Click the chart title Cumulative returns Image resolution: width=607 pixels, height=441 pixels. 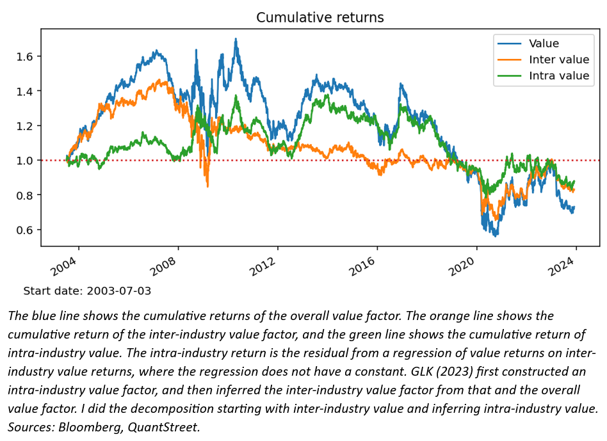(x=320, y=17)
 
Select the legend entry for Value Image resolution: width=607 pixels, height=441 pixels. (x=544, y=44)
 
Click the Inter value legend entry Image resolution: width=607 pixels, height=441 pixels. (x=558, y=60)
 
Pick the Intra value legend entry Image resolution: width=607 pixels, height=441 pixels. (x=558, y=76)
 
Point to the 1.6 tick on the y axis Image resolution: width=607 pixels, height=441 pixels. (x=25, y=56)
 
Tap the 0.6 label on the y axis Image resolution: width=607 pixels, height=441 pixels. (x=25, y=230)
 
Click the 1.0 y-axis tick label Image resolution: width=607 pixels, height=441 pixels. (x=25, y=161)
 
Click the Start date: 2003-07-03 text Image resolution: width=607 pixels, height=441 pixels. (x=87, y=291)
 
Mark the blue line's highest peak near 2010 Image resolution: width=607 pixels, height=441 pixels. (x=236, y=39)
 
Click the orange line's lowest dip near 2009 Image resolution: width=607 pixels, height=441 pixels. (x=207, y=186)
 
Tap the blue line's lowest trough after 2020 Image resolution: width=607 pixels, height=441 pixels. (x=496, y=236)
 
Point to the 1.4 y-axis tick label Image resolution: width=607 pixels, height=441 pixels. (x=25, y=91)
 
